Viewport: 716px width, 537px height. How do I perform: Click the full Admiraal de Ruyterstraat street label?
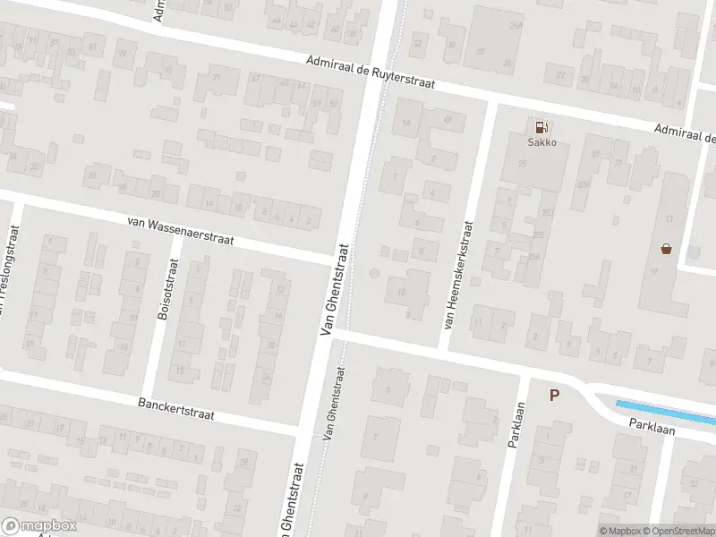[x=370, y=72]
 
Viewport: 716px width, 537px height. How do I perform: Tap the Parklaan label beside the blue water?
[x=651, y=429]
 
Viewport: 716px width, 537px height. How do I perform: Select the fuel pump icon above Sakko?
[x=540, y=127]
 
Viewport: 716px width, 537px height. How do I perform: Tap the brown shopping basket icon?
[x=666, y=248]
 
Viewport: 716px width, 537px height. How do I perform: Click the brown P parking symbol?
[x=554, y=395]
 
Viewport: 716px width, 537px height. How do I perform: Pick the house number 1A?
[x=407, y=124]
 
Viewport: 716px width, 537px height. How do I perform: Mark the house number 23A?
[x=583, y=184]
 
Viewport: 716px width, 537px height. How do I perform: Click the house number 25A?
[x=535, y=257]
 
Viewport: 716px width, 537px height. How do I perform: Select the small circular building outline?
[x=374, y=273]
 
